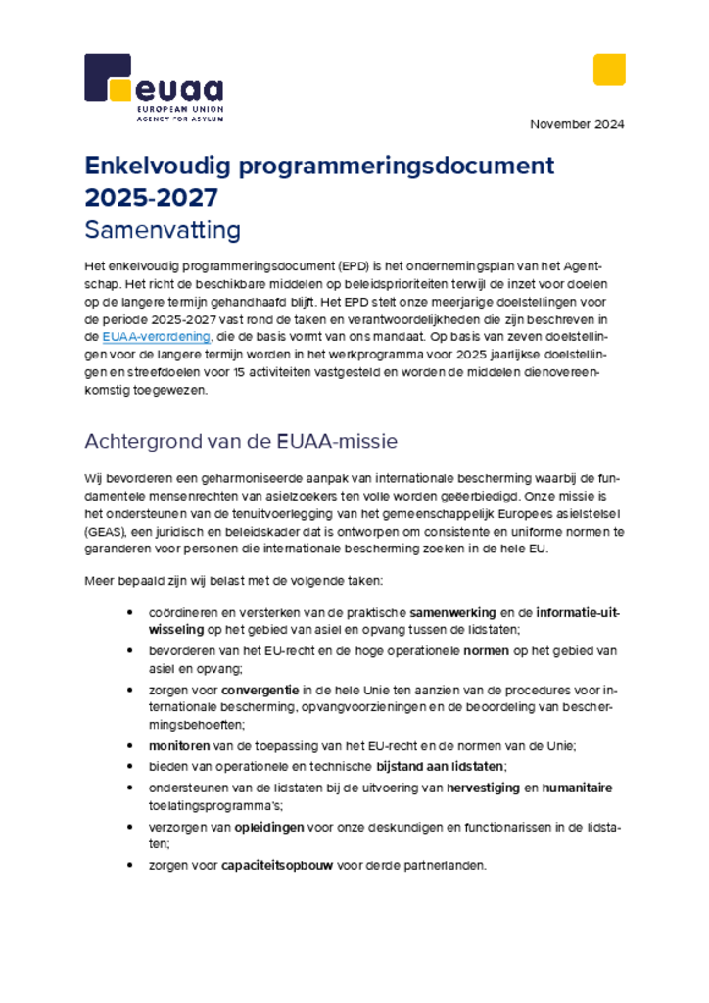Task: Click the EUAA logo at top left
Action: point(153,88)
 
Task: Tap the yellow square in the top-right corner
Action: point(608,70)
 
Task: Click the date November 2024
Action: point(577,124)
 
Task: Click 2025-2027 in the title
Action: point(151,197)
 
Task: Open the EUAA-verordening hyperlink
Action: point(156,336)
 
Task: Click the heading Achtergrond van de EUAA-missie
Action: point(241,441)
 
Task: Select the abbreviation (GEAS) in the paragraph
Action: point(106,531)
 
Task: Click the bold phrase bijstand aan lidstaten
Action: point(441,766)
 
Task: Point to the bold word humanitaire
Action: point(578,788)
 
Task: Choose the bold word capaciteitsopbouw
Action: point(277,866)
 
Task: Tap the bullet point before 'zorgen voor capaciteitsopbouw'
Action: point(130,866)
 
